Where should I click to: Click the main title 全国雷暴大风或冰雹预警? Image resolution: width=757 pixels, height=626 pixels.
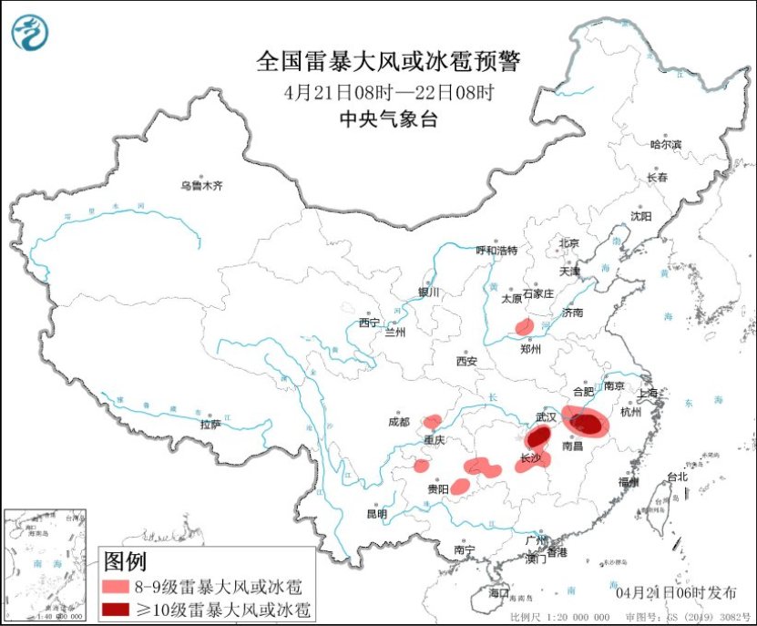point(388,61)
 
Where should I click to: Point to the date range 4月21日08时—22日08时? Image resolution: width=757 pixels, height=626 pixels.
point(388,92)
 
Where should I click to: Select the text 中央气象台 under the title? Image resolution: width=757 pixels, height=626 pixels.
point(388,118)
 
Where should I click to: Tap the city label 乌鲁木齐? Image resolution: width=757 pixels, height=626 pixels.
point(200,186)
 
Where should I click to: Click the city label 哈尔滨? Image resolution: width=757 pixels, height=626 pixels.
point(665,144)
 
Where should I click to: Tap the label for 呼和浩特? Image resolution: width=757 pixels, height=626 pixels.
point(497,251)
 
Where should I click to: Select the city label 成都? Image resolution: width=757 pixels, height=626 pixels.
point(399,422)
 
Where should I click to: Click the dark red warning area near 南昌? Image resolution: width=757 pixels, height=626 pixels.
point(591,424)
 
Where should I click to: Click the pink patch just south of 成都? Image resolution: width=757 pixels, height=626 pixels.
point(432,422)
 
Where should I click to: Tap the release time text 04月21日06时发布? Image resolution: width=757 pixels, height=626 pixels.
point(677,592)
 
